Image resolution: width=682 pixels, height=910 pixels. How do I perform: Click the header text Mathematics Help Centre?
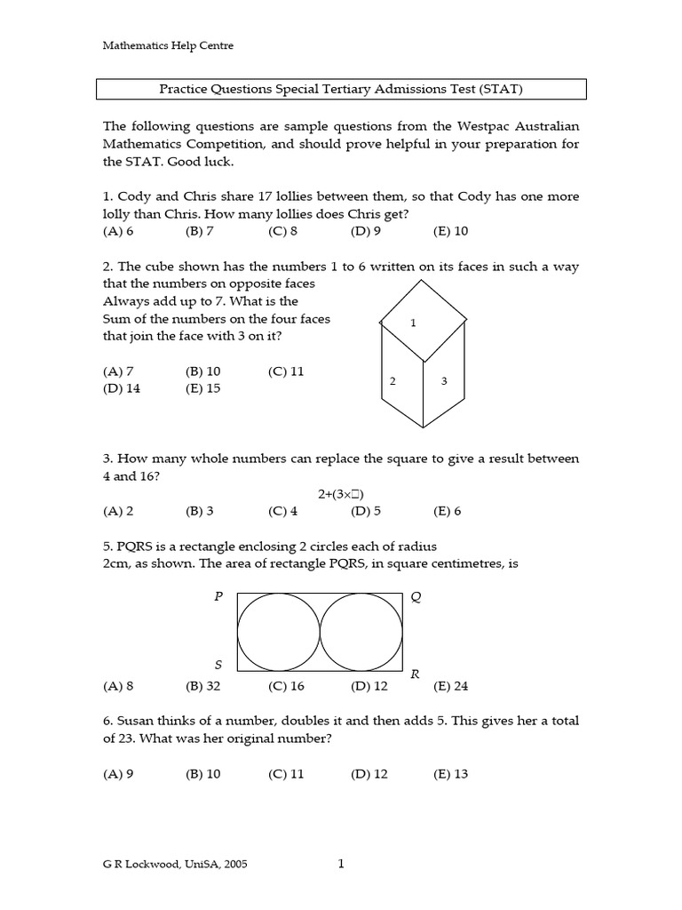pyautogui.click(x=169, y=45)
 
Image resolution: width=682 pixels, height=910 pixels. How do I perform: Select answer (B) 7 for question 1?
pyautogui.click(x=200, y=231)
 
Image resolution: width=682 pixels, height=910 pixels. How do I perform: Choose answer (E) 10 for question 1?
pyautogui.click(x=450, y=231)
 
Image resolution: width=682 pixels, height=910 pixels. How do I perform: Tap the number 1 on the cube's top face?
pyautogui.click(x=414, y=323)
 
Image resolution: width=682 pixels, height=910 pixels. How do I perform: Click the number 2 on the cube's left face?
pyautogui.click(x=393, y=381)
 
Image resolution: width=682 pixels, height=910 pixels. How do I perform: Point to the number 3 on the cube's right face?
pyautogui.click(x=444, y=381)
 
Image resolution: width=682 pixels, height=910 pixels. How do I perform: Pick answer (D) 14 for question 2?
pyautogui.click(x=122, y=388)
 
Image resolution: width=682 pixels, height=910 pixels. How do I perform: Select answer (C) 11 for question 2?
pyautogui.click(x=286, y=371)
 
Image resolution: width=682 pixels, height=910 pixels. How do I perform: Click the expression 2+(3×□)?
pyautogui.click(x=342, y=494)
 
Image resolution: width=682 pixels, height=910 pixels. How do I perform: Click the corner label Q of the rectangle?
pyautogui.click(x=416, y=598)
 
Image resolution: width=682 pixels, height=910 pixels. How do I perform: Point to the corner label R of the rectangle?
pyautogui.click(x=415, y=675)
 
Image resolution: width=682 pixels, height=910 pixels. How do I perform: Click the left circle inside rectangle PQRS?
pyautogui.click(x=279, y=632)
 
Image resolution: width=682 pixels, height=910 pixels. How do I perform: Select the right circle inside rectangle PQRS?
pyautogui.click(x=360, y=632)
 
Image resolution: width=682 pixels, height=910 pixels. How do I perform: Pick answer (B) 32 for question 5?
pyautogui.click(x=202, y=686)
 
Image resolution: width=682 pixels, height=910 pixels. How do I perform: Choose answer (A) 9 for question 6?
pyautogui.click(x=118, y=774)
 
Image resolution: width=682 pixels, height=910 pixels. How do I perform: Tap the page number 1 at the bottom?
pyautogui.click(x=341, y=863)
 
